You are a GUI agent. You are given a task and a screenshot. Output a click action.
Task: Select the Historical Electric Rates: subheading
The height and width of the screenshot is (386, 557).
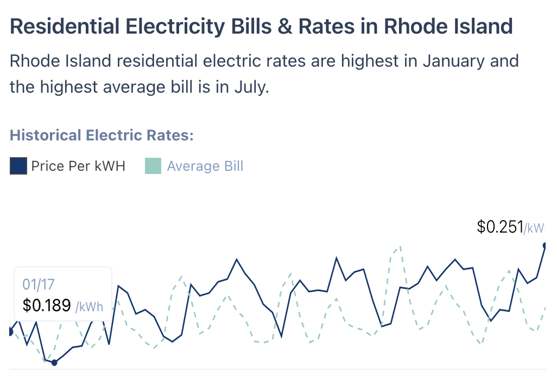(102, 135)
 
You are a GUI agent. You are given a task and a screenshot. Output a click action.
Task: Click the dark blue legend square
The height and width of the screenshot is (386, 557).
(18, 166)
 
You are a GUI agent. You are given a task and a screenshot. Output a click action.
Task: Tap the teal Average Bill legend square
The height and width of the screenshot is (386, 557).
(154, 166)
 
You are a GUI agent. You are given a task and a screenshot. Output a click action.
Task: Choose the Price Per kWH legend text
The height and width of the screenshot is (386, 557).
(78, 166)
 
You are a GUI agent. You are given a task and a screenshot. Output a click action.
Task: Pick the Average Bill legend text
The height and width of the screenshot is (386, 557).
(205, 166)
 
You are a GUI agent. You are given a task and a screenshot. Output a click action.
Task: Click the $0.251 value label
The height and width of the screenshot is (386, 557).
(499, 227)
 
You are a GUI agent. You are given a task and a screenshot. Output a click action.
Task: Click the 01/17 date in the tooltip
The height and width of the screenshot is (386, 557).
(38, 284)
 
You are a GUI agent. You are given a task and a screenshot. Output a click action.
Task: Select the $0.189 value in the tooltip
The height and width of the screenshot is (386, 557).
(47, 305)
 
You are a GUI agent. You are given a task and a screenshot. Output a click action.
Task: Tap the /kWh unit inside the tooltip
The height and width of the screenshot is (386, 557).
(89, 306)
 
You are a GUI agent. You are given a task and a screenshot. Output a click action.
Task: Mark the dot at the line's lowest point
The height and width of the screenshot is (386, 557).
(54, 362)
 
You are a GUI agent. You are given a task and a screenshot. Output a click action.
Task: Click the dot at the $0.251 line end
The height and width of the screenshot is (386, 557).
(545, 245)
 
